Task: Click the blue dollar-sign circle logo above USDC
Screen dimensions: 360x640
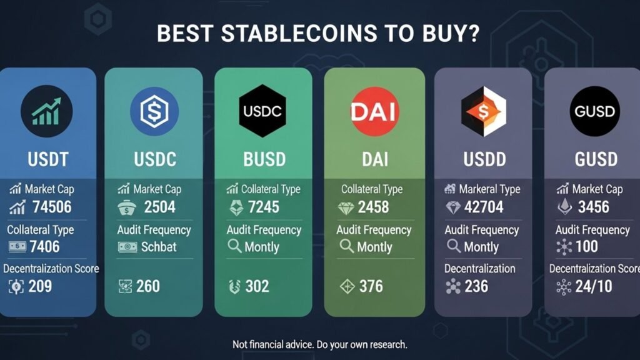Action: tap(154, 111)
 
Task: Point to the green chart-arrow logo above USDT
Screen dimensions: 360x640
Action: tap(46, 111)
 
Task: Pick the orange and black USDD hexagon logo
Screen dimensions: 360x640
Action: tap(483, 111)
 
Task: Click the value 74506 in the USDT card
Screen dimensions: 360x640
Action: tap(52, 207)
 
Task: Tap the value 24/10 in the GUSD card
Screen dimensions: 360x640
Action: tap(594, 287)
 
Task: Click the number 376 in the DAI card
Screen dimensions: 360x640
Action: tap(371, 287)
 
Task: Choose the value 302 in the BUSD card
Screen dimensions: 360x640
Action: tap(256, 287)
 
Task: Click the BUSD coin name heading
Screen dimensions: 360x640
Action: tap(264, 159)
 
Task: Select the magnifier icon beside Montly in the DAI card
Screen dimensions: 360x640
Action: tap(346, 246)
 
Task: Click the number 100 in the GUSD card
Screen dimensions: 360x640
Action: tap(587, 247)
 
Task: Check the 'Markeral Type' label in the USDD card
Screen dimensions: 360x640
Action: tap(489, 189)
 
